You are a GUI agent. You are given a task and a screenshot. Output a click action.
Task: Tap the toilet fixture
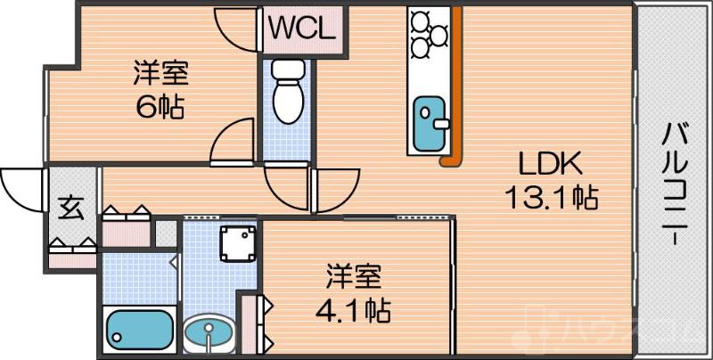(x=287, y=94)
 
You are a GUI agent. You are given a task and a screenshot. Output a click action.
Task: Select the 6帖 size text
(x=160, y=107)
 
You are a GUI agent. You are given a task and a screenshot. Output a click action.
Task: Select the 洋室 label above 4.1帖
(x=355, y=277)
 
